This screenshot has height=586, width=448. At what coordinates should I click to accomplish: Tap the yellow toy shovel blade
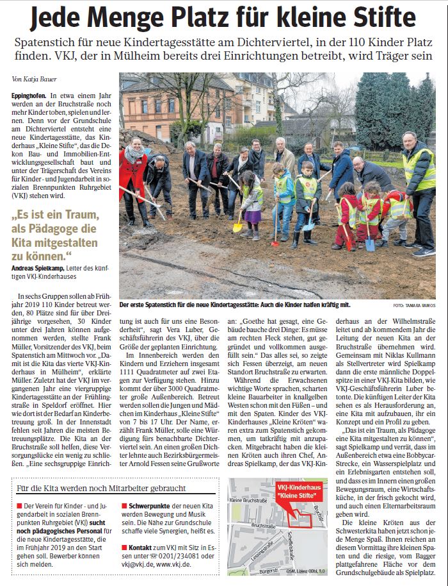pyautogui.click(x=237, y=226)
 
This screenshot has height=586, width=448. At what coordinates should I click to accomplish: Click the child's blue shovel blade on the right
pyautogui.click(x=369, y=244)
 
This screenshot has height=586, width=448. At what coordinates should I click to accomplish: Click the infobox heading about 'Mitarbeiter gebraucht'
pyautogui.click(x=100, y=488)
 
